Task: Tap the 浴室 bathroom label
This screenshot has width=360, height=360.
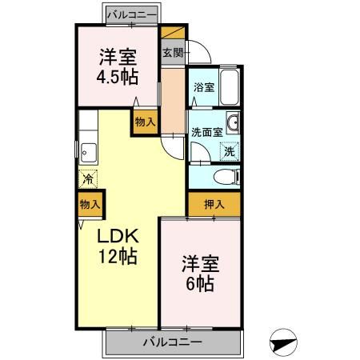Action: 203,88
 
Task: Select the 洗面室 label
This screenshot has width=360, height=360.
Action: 206,132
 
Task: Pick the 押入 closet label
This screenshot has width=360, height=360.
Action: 214,205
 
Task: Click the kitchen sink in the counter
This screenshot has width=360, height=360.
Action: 87,150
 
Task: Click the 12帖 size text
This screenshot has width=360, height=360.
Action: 118,257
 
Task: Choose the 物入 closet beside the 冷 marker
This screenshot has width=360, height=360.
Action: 90,206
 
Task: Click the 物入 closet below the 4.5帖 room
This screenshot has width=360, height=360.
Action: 145,122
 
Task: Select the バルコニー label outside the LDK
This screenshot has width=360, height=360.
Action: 173,342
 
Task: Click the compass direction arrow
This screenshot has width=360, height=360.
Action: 284,342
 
